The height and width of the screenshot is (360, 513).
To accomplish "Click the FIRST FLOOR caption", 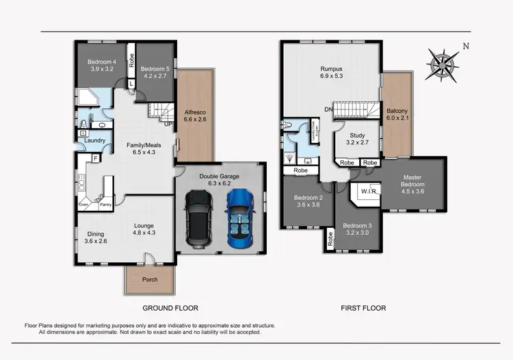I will (x=363, y=308).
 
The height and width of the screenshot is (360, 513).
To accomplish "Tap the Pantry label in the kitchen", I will (x=106, y=204).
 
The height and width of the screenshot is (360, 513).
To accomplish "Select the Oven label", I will (x=85, y=204).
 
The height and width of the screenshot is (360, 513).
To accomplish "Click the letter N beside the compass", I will (x=466, y=47).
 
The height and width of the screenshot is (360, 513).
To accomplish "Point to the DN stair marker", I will (x=328, y=110).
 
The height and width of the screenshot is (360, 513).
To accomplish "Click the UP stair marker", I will (x=168, y=124).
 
